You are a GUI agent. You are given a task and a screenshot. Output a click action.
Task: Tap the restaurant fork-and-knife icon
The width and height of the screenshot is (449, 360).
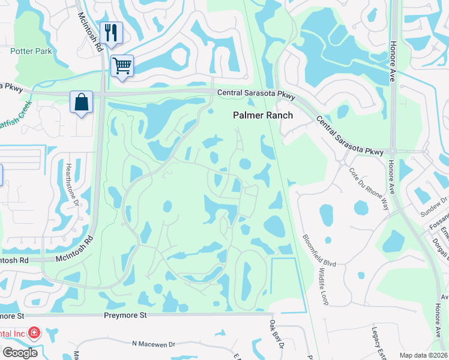[x=111, y=32]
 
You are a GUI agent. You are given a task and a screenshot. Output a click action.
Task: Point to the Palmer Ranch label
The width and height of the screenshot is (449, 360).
[x=263, y=115]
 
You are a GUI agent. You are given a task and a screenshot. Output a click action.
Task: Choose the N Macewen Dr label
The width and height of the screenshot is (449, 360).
[x=153, y=344]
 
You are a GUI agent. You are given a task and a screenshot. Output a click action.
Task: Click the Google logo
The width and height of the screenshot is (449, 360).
[x=20, y=353]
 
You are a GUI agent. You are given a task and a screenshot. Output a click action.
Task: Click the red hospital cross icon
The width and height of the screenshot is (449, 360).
[x=34, y=332]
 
